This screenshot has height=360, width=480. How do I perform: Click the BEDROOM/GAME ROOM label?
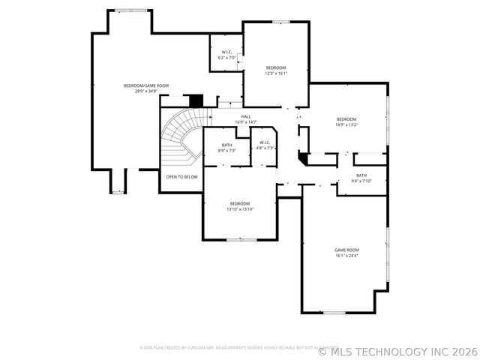146,85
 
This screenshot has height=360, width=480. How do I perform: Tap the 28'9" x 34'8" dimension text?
146,91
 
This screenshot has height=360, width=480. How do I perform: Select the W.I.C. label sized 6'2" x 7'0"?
226,52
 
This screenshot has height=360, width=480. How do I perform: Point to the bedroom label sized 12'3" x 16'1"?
275,67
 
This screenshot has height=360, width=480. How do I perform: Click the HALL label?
246,116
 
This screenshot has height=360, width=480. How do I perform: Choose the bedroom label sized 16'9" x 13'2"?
346,119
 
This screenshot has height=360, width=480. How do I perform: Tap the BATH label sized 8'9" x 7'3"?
226,145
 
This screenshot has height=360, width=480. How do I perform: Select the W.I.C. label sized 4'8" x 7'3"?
265,142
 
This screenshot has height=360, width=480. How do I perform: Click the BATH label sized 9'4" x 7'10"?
361,175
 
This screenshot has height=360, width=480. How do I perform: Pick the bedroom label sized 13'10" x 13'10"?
240,204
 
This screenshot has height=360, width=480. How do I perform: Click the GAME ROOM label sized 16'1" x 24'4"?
346,250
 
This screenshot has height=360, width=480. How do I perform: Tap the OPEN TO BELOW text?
182,177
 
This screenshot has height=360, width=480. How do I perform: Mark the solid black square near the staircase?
196,100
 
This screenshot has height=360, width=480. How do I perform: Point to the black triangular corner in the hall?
301,159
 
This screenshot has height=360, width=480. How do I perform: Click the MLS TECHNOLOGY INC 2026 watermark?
397,350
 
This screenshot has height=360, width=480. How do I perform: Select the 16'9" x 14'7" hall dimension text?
246,122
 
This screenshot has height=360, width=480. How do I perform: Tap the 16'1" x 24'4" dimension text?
346,256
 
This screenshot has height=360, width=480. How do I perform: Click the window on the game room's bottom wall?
334,312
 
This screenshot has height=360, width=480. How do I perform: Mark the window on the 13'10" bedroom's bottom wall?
241,240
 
